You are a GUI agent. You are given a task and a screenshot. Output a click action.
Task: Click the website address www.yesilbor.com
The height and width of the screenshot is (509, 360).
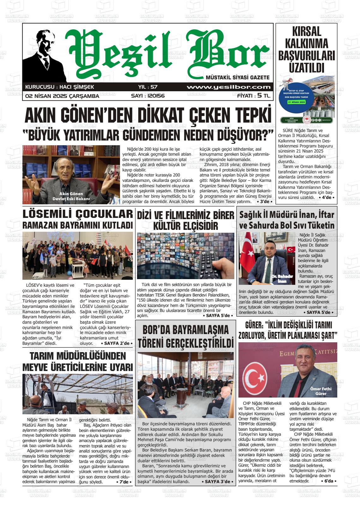[228, 87]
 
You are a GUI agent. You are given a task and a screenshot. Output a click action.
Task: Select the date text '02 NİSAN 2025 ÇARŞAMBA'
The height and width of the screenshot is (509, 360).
[62, 96]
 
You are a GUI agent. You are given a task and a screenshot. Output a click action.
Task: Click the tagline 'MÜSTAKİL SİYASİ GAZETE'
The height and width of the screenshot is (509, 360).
[237, 78]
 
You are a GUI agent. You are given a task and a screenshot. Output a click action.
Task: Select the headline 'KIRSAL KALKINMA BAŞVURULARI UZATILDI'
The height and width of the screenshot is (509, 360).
[306, 50]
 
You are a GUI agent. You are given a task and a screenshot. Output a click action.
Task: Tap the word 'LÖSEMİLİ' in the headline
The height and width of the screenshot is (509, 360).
[48, 214]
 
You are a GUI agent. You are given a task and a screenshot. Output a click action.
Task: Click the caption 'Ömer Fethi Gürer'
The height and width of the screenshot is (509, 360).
[321, 391]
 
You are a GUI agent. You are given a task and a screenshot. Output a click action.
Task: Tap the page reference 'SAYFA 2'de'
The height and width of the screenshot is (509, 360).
[116, 343]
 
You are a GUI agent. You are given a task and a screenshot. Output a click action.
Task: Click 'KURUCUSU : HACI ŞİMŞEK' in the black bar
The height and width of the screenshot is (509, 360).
[59, 87]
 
